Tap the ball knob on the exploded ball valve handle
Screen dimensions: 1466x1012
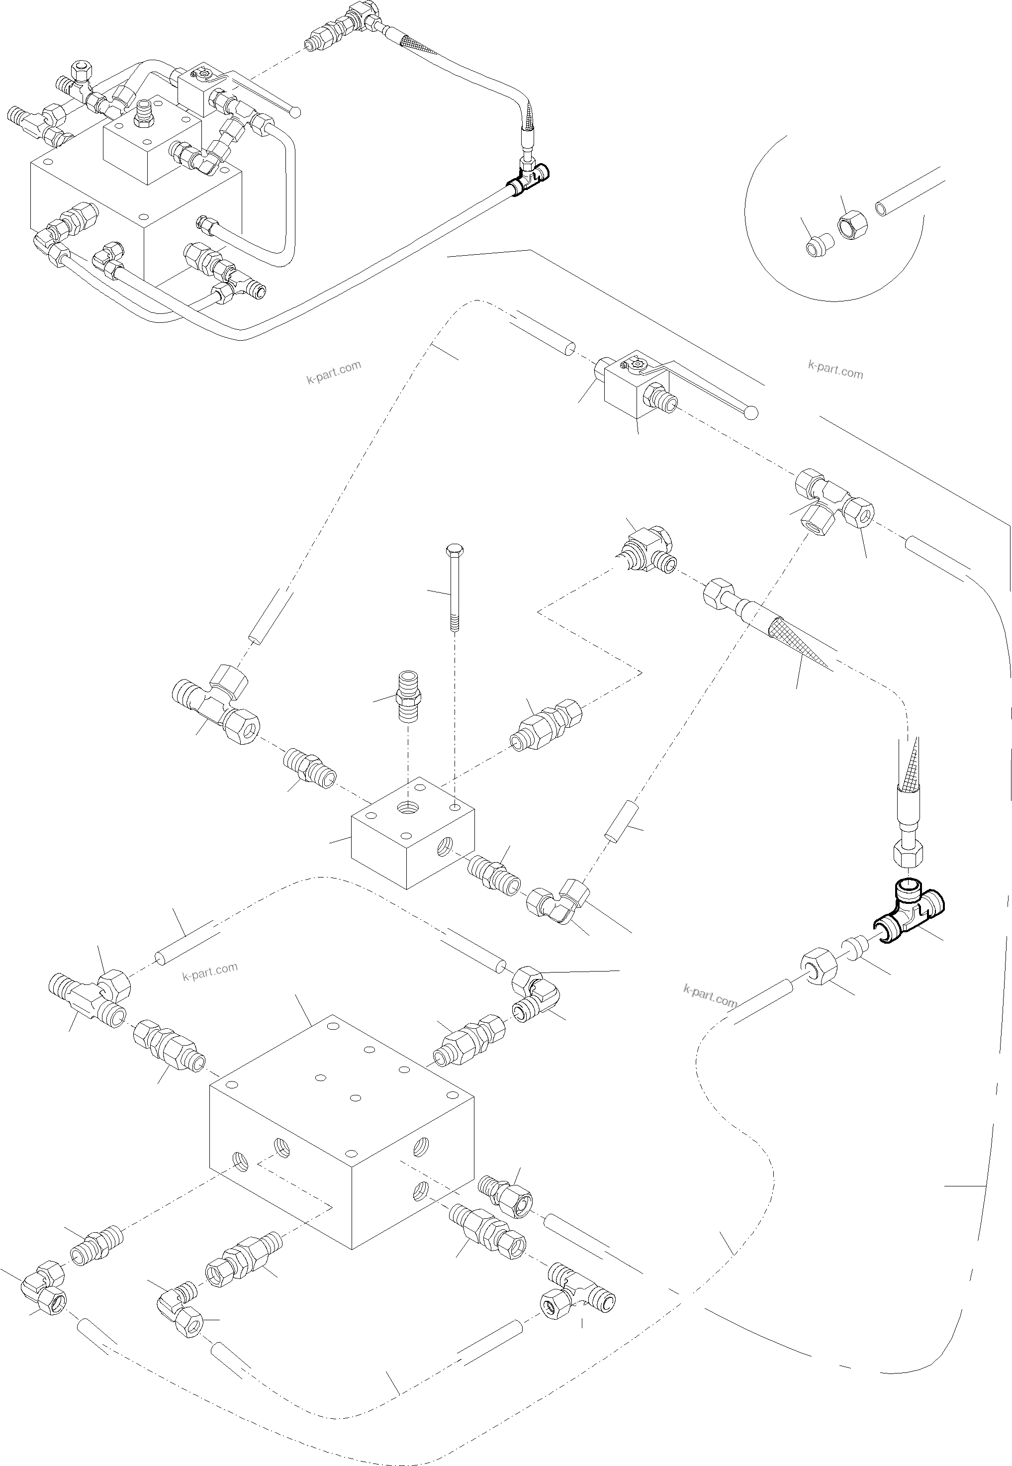tap(751, 413)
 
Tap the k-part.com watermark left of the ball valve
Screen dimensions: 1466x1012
tap(334, 373)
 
